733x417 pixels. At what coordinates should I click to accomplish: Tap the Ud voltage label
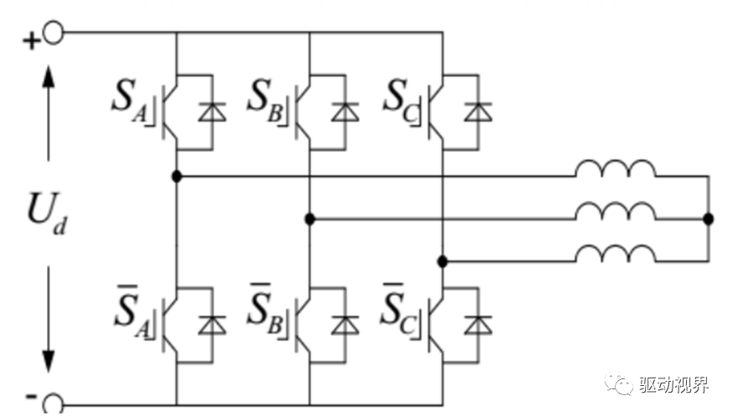pyautogui.click(x=47, y=213)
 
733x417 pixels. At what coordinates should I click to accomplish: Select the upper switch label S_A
pyautogui.click(x=129, y=101)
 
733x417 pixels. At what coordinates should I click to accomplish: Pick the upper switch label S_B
pyautogui.click(x=264, y=101)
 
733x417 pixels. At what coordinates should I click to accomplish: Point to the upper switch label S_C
pyautogui.click(x=400, y=101)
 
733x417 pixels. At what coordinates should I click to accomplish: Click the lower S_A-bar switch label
pyautogui.click(x=132, y=311)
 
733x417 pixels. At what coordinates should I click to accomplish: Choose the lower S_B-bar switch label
pyautogui.click(x=265, y=310)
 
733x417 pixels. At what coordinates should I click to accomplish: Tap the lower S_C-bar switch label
pyautogui.click(x=398, y=310)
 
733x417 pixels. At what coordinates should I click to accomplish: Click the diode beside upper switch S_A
pyautogui.click(x=212, y=112)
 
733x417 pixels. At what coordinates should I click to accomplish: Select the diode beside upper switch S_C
pyautogui.click(x=478, y=112)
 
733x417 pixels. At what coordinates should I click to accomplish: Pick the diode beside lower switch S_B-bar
pyautogui.click(x=345, y=325)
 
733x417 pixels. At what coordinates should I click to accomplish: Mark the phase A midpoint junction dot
pyautogui.click(x=177, y=176)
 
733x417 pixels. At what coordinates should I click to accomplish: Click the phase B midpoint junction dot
pyautogui.click(x=309, y=218)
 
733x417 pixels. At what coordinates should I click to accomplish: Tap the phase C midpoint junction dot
pyautogui.click(x=443, y=261)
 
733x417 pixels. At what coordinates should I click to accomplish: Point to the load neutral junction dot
pyautogui.click(x=709, y=218)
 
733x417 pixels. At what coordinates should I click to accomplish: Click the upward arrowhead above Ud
pyautogui.click(x=48, y=77)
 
